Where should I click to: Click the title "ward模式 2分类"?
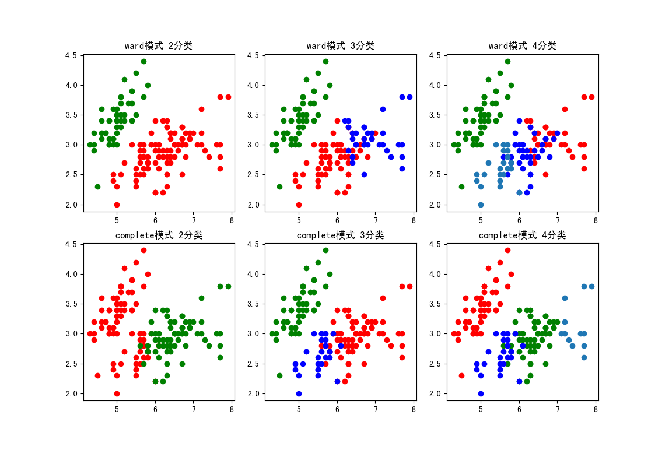point(159,46)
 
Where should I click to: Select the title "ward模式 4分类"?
point(523,46)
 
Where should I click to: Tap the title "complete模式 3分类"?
point(341,235)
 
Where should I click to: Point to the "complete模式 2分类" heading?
point(159,235)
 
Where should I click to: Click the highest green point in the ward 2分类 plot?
point(143,61)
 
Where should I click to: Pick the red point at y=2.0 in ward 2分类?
point(117,205)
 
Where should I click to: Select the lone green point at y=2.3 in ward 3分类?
point(279,187)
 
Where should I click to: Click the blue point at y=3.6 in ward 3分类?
point(383,109)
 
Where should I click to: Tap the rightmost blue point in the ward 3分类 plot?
point(409,97)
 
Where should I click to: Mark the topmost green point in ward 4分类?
point(508,61)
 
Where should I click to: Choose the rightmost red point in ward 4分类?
point(591,97)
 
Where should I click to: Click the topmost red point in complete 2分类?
point(143,250)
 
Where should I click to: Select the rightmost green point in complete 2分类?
point(228,286)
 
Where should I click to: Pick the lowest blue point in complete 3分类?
point(299,393)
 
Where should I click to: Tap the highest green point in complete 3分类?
point(325,250)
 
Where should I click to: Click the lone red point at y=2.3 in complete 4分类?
point(461,375)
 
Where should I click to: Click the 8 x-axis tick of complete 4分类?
point(596,409)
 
